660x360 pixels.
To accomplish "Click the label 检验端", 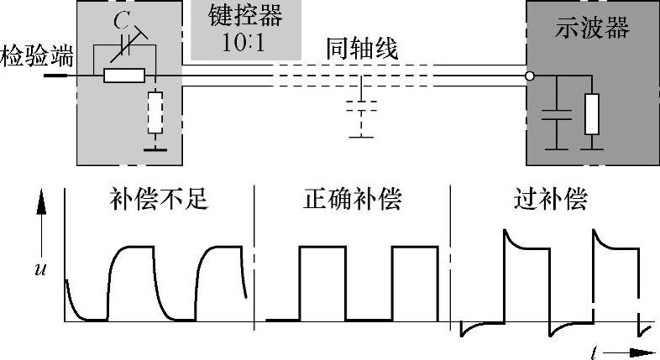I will click(37, 58).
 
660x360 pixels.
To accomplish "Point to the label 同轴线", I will click(363, 50).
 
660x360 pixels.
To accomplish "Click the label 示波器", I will click(593, 29).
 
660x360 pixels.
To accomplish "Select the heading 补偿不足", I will click(158, 201).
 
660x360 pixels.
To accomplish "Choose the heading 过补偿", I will click(550, 201).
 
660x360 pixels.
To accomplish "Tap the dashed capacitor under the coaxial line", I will click(362, 107).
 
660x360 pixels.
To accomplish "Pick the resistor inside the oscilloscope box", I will click(591, 114).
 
